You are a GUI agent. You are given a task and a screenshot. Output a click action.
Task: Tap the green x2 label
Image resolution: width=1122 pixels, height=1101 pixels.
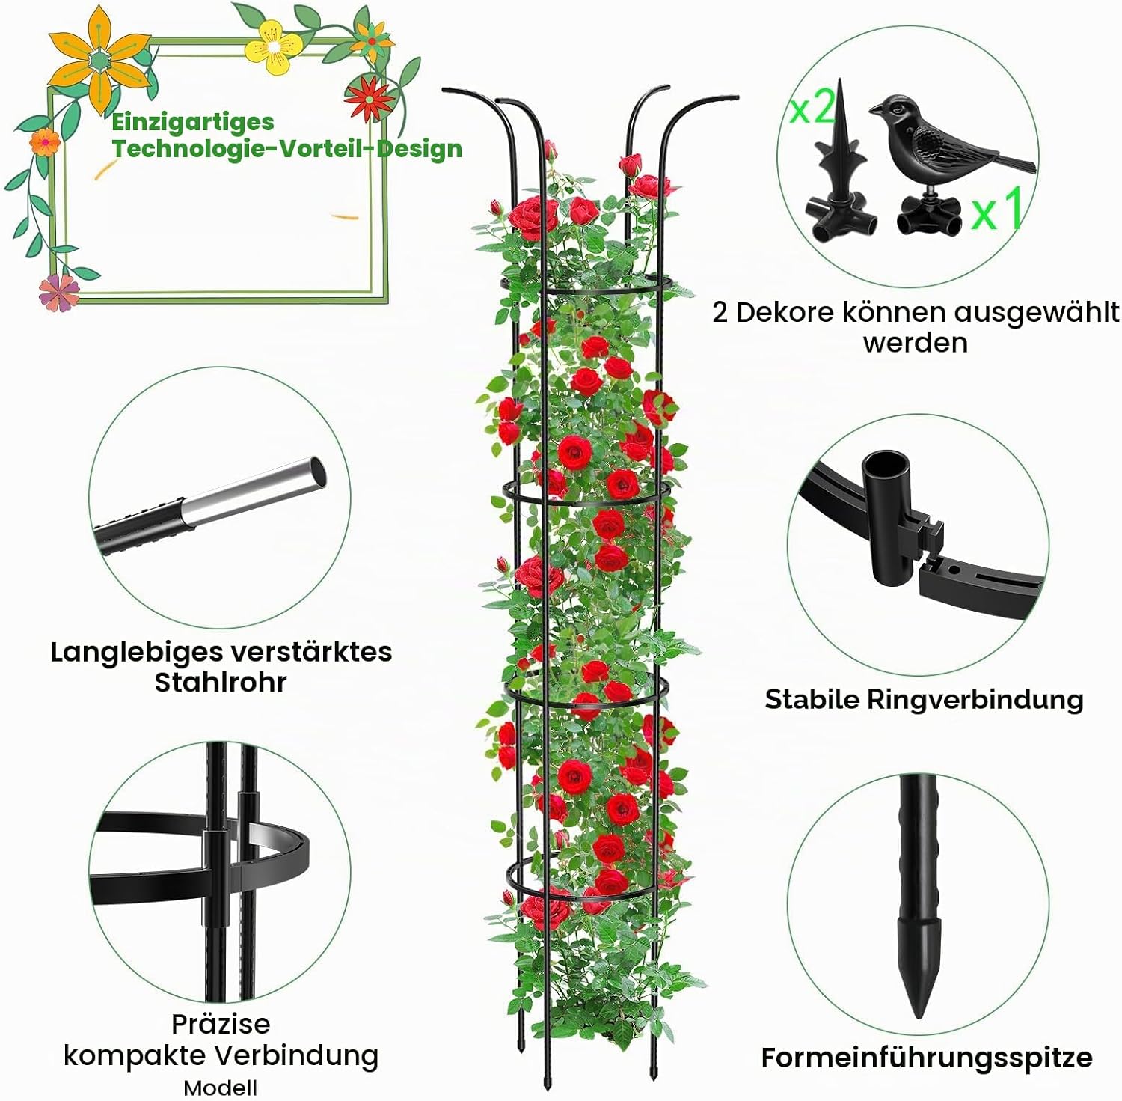click(x=812, y=108)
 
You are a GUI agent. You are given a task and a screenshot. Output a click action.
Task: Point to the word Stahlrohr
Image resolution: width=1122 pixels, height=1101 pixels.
click(x=221, y=683)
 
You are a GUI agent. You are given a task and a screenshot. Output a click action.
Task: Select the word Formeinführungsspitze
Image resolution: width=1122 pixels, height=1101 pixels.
click(x=927, y=1058)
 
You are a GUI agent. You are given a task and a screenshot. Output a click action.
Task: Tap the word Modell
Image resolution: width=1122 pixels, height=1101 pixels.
click(x=221, y=1088)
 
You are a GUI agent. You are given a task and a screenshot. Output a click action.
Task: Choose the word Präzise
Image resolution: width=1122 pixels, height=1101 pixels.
click(x=221, y=1023)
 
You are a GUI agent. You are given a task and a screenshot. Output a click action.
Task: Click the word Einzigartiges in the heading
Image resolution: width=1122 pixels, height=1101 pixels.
click(x=193, y=122)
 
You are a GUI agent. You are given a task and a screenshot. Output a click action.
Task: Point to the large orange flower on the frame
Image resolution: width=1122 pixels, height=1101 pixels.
click(x=97, y=60)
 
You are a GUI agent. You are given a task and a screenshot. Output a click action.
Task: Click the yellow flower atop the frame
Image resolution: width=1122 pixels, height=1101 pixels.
click(x=275, y=46)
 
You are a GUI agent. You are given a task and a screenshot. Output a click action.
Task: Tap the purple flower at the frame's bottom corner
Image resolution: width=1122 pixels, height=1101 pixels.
click(x=60, y=291)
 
